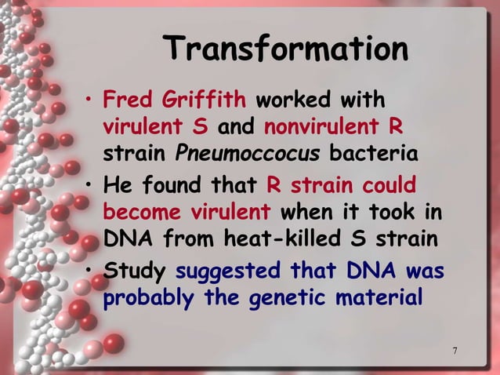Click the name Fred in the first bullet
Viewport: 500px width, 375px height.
[x=129, y=100]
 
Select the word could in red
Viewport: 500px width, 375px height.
[x=388, y=187]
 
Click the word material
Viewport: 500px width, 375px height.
[x=378, y=298]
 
